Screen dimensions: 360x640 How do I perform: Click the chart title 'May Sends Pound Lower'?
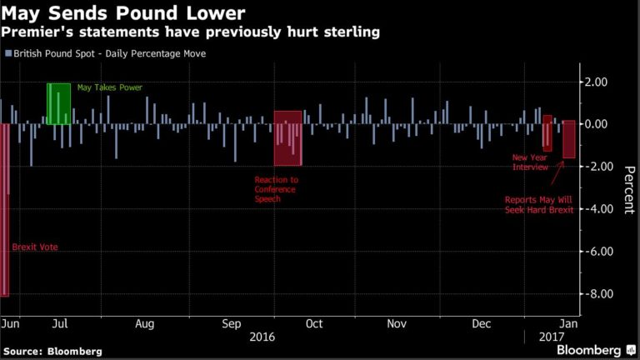coord(124,13)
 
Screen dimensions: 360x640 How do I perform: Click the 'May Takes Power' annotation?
coord(110,87)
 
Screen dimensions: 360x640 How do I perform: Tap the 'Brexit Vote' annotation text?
coord(35,247)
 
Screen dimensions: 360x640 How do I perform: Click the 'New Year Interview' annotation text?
coord(530,162)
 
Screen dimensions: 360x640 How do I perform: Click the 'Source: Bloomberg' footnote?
coord(52,351)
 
